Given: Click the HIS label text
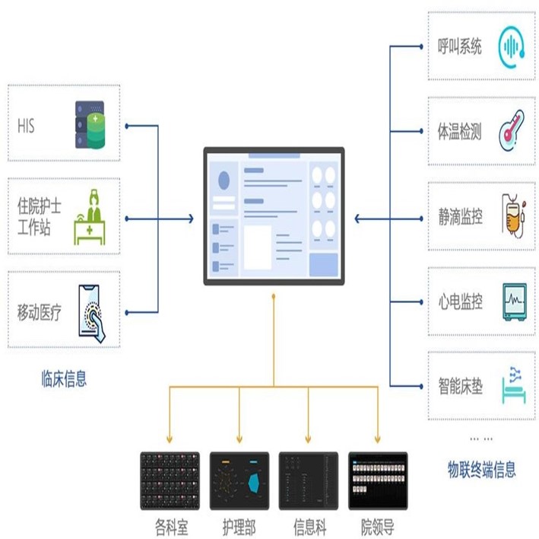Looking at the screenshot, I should (27, 125).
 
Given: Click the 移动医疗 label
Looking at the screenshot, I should (40, 312).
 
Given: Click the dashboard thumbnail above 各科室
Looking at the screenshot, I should (170, 481).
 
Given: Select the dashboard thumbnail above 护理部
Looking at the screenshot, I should (239, 481).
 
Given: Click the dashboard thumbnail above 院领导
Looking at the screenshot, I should (378, 481).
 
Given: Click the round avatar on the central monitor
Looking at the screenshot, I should (224, 180).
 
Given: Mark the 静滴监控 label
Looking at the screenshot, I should (460, 217).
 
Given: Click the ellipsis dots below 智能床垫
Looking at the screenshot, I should (480, 439).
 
